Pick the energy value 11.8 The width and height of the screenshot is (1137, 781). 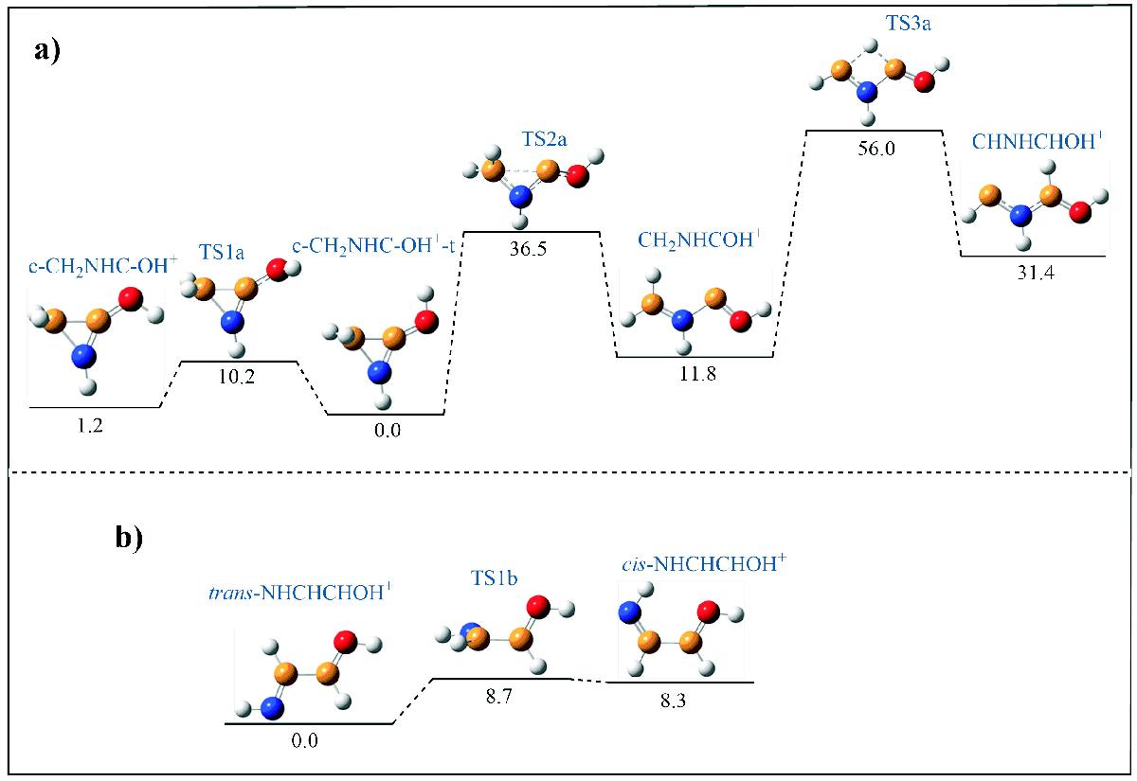695,374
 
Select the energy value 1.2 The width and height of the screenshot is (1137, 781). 91,424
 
